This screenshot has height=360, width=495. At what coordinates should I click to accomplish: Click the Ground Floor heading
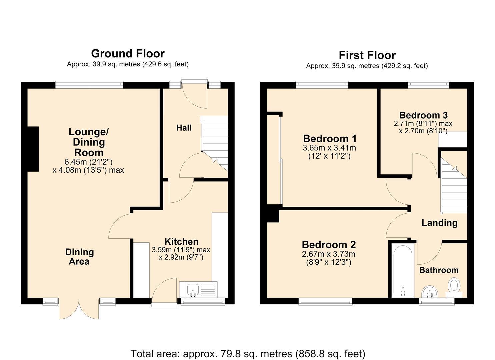128,54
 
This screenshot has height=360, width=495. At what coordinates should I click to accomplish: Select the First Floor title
367,55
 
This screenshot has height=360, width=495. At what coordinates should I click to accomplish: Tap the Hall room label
184,128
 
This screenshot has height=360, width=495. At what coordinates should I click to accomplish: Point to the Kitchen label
181,242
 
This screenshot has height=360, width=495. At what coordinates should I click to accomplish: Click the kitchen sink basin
193,290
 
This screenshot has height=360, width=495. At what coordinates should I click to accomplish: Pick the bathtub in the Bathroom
403,270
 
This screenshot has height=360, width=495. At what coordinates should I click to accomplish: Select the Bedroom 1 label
330,139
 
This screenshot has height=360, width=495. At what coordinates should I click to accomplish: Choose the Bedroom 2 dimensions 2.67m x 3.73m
329,254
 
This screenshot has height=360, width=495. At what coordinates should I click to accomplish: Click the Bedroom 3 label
423,115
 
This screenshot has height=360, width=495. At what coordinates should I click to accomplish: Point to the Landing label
440,223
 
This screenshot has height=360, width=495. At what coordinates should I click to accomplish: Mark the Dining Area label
79,257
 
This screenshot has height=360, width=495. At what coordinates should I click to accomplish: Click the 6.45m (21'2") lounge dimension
88,162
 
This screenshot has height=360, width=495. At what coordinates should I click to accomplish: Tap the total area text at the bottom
248,354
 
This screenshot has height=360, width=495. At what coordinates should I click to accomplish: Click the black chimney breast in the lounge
33,149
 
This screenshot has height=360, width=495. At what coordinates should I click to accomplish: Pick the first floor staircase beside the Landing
454,185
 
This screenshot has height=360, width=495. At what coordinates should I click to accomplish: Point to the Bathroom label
439,270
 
